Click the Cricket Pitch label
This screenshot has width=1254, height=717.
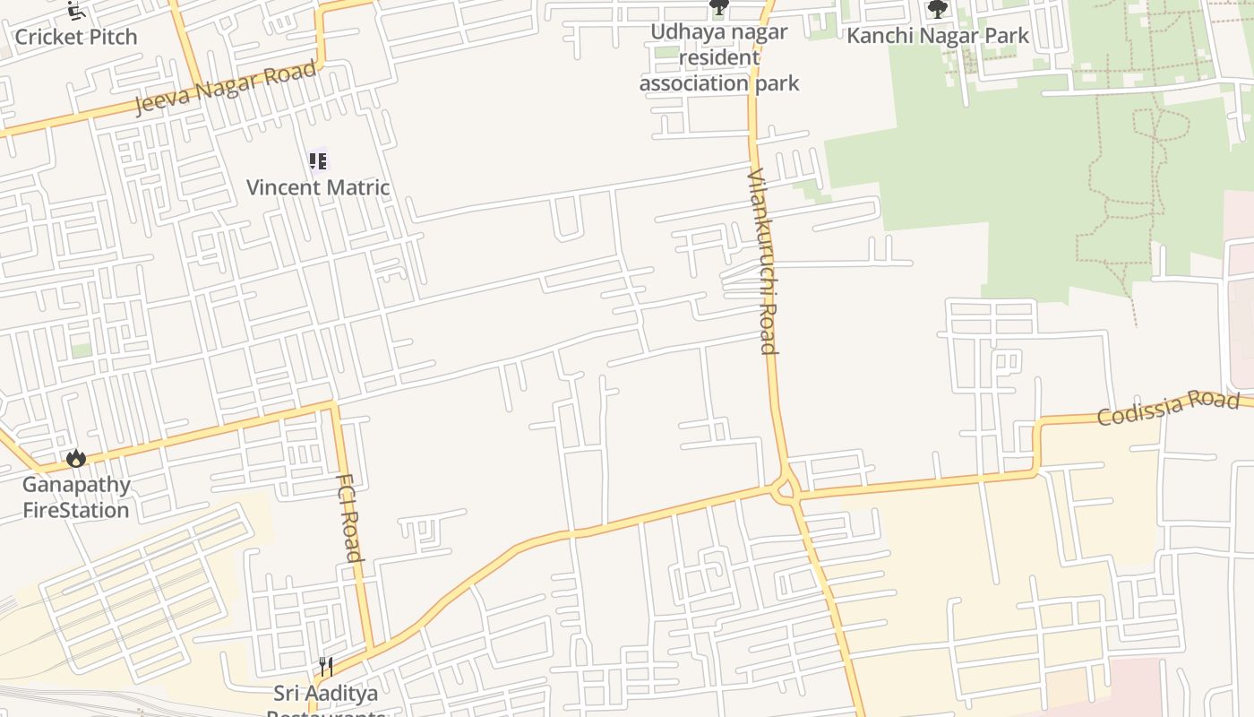point(76,38)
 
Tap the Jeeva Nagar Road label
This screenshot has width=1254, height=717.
point(226,87)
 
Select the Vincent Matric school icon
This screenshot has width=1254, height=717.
point(317,161)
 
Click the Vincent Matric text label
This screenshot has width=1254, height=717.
point(318,187)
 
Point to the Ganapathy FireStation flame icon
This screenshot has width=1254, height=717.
point(76,459)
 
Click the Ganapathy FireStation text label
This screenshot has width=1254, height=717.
point(76,497)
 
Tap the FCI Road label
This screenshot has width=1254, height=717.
point(349,517)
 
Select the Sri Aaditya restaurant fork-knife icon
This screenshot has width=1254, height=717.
point(326,667)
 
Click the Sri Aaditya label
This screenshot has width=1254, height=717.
point(326,694)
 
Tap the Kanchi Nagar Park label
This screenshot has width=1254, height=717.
point(938,36)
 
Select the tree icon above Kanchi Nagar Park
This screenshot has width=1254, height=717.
point(938,10)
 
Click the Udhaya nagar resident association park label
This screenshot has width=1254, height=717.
point(719,57)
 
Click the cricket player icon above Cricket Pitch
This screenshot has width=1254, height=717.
point(76,12)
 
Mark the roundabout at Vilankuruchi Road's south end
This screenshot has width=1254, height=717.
point(786,488)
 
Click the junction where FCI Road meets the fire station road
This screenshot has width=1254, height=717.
point(334,406)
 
